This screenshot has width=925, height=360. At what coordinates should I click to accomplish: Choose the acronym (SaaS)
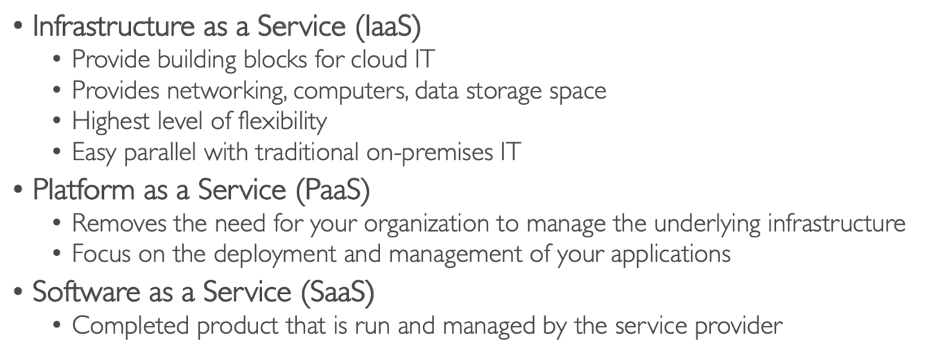[338, 292]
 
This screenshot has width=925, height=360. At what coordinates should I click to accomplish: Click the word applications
[671, 254]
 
